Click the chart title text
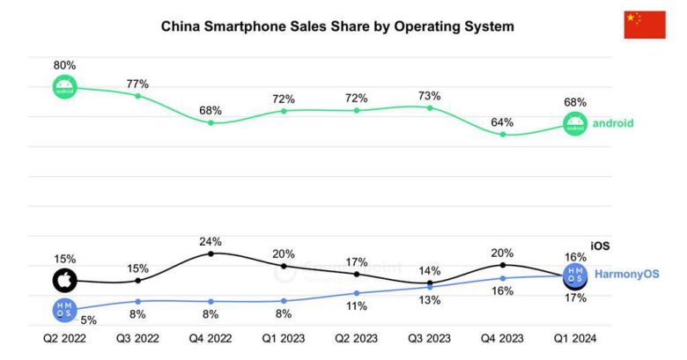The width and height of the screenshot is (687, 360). (x=337, y=26)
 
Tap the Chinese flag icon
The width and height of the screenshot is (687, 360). (x=645, y=25)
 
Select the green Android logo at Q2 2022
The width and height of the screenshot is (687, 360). (x=64, y=87)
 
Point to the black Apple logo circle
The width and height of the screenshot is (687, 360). (x=64, y=281)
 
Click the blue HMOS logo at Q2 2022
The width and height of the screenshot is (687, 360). (x=64, y=309)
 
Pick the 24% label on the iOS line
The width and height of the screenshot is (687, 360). (x=211, y=241)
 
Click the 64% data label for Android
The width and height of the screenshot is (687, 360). (x=503, y=122)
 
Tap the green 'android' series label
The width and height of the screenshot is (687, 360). (x=613, y=123)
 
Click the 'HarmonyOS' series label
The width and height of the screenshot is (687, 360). (x=626, y=275)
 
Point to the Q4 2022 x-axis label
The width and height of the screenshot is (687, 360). (x=211, y=337)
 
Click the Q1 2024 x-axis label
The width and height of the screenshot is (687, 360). (x=575, y=337)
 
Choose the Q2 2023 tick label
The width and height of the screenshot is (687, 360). (x=357, y=337)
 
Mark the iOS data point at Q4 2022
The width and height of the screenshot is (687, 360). (x=211, y=253)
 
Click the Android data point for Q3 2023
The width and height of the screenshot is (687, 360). (x=430, y=107)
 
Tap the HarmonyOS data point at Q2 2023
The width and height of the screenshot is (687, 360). (x=357, y=292)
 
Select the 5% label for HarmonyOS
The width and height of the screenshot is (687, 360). (x=89, y=320)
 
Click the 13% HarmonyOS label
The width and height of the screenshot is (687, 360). (x=430, y=301)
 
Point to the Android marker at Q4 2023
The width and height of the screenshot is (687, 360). (x=503, y=134)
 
